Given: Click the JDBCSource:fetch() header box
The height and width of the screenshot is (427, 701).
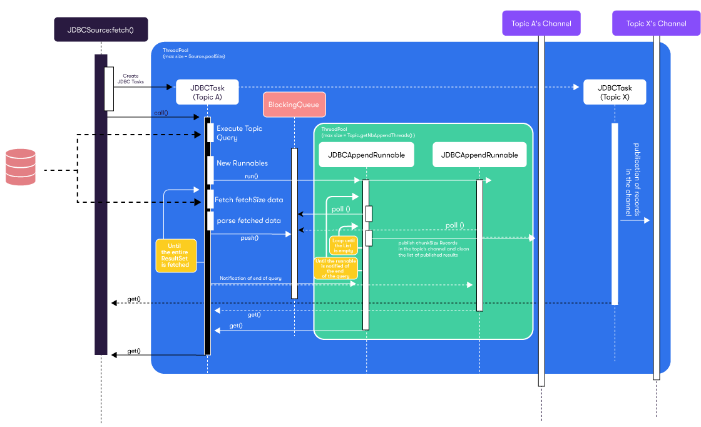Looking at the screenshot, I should click(101, 29).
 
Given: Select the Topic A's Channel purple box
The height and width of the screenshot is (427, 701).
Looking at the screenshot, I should click(541, 24).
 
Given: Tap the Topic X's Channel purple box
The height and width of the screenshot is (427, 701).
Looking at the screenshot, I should click(656, 24).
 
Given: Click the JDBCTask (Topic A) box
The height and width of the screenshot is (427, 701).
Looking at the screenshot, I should click(208, 92).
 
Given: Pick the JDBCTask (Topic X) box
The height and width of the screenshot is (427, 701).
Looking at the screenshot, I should click(614, 92).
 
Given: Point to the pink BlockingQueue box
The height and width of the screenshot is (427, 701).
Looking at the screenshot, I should click(294, 105).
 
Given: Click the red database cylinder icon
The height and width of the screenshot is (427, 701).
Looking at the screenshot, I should click(21, 167).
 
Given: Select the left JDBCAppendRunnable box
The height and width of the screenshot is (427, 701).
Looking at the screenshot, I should click(366, 155).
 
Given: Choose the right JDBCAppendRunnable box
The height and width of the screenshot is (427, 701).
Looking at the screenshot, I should click(479, 155).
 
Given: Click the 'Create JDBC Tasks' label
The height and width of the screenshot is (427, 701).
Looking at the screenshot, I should click(131, 79).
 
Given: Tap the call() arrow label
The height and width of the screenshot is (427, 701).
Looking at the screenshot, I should click(161, 113).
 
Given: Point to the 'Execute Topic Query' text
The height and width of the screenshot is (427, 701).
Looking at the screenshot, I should click(239, 133).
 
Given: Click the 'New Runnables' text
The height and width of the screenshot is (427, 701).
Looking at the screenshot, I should click(242, 163).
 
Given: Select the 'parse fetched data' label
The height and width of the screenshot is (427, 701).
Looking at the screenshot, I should click(248, 221).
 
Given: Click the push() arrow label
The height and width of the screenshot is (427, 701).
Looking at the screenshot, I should click(250, 238).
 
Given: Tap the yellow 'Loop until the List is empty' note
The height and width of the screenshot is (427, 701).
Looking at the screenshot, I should click(343, 245).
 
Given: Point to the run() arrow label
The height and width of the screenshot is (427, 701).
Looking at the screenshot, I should click(251, 177).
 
